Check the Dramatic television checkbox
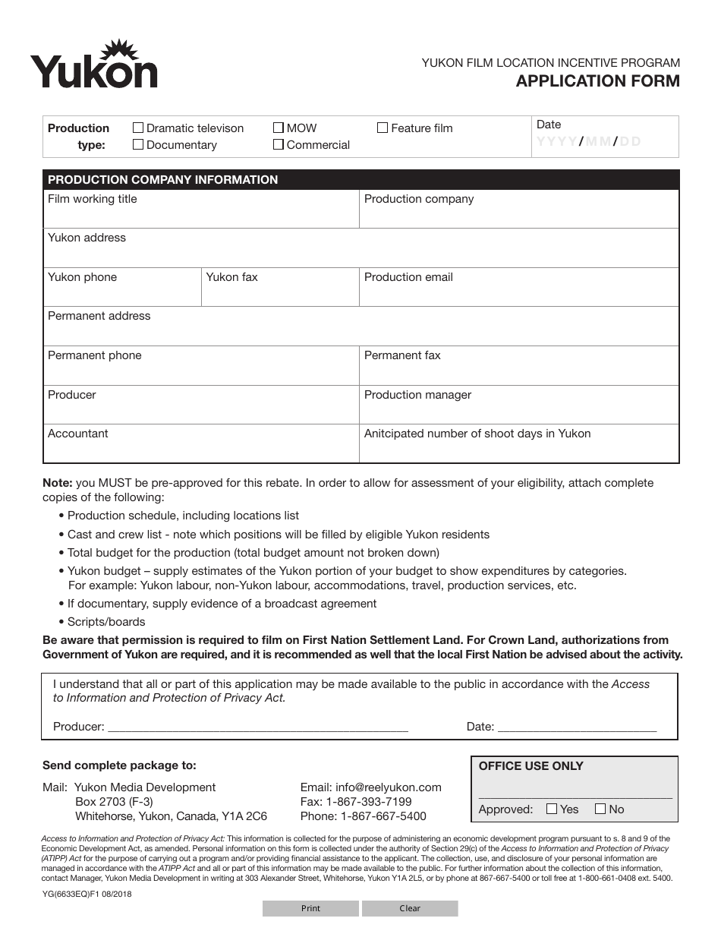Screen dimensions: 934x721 138,128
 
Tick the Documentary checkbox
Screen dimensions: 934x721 138,144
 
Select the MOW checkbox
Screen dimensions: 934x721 279,128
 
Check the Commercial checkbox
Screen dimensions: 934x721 279,144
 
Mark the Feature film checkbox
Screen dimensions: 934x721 383,128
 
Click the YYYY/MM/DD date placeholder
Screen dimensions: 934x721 589,141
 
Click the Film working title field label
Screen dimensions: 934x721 93,199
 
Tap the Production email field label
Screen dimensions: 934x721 408,277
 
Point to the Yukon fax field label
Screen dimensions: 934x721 231,277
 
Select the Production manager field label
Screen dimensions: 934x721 417,395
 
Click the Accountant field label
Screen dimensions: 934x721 78,434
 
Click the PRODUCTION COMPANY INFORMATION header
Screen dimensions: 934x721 163,180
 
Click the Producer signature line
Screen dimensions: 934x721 258,726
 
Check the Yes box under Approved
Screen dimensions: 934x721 553,809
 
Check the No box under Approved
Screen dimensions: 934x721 601,809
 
